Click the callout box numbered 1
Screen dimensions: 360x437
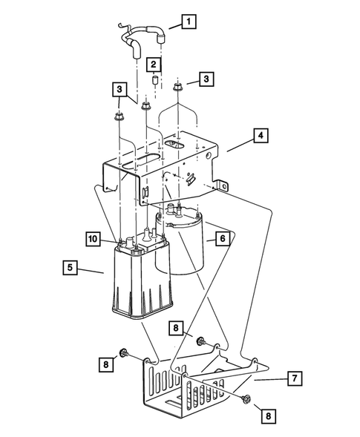[x=189, y=22]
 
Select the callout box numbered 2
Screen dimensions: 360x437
[x=154, y=65]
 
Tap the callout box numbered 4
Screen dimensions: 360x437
[x=261, y=136]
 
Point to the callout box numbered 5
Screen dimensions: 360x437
[x=70, y=268]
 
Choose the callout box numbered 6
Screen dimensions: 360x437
[x=223, y=239]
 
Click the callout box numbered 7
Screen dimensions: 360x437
[x=295, y=378]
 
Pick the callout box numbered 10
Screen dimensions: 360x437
[x=93, y=239]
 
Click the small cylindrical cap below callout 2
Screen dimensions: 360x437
[x=155, y=79]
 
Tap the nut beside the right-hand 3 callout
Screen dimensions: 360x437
[x=177, y=87]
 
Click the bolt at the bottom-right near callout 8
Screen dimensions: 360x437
[x=246, y=400]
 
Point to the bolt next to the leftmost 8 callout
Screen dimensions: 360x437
[x=123, y=353]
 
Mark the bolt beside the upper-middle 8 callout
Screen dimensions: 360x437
[x=200, y=341]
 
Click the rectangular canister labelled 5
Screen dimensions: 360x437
[x=142, y=279]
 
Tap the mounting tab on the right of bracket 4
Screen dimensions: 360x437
[x=222, y=185]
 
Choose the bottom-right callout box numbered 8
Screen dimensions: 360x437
[x=268, y=416]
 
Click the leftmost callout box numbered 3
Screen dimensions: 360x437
[x=120, y=90]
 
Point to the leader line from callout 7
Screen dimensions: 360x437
[x=271, y=380]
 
